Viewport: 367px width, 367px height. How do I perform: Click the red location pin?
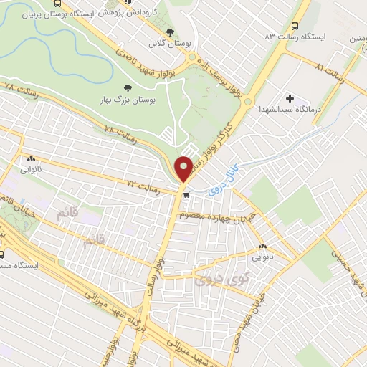183,168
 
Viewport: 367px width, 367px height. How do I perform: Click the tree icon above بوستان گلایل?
171,32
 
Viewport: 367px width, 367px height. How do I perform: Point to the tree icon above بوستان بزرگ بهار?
128,88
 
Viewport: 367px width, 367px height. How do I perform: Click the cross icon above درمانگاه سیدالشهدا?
290,98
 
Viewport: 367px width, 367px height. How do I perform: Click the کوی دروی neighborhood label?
218,273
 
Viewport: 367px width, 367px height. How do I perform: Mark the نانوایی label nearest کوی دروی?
261,254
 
